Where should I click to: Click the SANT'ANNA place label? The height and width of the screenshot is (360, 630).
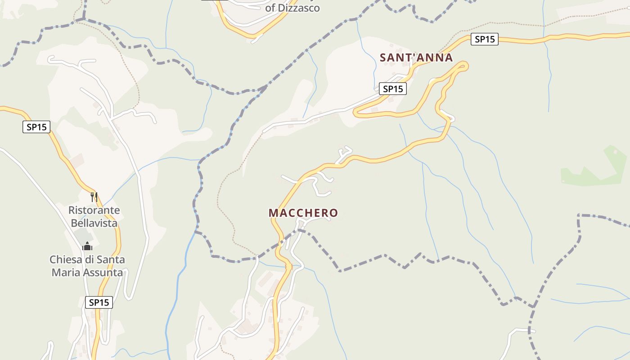pyautogui.click(x=416, y=58)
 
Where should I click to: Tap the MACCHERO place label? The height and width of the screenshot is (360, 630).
pyautogui.click(x=303, y=213)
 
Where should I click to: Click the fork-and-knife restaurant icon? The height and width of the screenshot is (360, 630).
pyautogui.click(x=94, y=197)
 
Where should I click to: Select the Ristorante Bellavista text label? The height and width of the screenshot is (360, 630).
pyautogui.click(x=94, y=216)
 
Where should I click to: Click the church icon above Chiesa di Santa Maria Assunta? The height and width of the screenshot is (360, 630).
pyautogui.click(x=87, y=246)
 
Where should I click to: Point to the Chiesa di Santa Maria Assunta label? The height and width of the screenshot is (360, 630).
pyautogui.click(x=87, y=266)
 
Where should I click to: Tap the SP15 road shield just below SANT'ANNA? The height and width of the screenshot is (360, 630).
pyautogui.click(x=392, y=89)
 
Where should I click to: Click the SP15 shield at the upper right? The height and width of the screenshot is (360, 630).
pyautogui.click(x=485, y=40)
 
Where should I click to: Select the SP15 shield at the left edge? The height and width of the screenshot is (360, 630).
pyautogui.click(x=36, y=127)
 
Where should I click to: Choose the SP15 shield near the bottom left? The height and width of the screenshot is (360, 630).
pyautogui.click(x=99, y=302)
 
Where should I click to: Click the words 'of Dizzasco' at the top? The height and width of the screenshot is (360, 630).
pyautogui.click(x=292, y=8)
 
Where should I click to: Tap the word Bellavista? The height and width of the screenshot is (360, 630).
pyautogui.click(x=94, y=223)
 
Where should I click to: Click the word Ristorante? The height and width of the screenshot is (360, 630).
pyautogui.click(x=94, y=210)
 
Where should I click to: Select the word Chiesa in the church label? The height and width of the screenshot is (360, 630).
pyautogui.click(x=63, y=260)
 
